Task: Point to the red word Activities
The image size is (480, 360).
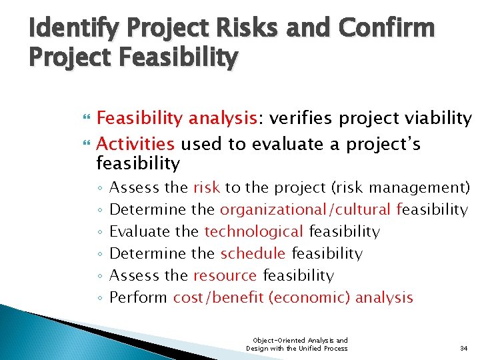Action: [136, 144]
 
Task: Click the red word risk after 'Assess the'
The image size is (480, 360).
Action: [207, 187]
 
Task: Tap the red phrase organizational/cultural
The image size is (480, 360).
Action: [305, 209]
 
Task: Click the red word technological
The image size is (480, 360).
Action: [254, 231]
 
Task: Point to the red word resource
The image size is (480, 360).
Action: [225, 275]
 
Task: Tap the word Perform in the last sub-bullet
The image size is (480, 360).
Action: [138, 297]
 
